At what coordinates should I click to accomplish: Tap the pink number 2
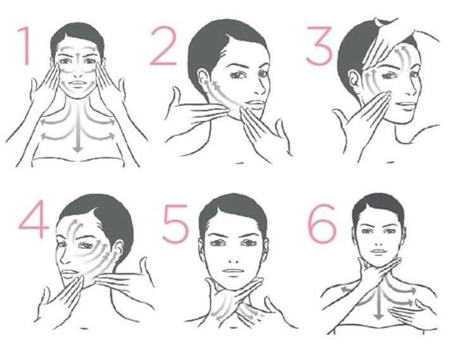[x=164, y=46]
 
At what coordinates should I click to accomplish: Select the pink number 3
[x=320, y=46]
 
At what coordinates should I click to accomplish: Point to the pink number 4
[x=34, y=219]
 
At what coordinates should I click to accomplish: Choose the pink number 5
[x=175, y=224]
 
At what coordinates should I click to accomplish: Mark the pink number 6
[x=322, y=224]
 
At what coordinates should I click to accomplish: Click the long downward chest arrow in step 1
[x=78, y=127]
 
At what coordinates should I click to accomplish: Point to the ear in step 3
[x=354, y=80]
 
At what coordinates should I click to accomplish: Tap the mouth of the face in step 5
[x=234, y=271]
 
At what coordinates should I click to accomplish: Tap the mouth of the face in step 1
[x=78, y=84]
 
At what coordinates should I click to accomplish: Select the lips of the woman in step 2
[x=256, y=104]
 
